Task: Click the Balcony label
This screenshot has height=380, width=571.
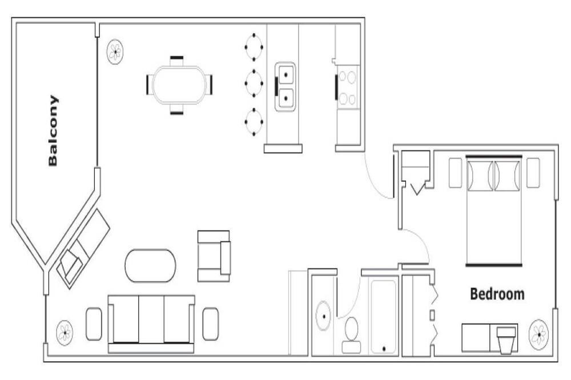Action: pyautogui.click(x=53, y=131)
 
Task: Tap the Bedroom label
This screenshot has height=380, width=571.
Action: pyautogui.click(x=497, y=294)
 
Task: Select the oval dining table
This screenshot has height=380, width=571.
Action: pyautogui.click(x=179, y=85)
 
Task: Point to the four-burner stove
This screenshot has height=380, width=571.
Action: pyautogui.click(x=348, y=88)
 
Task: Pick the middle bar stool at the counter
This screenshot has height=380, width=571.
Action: pyautogui.click(x=254, y=83)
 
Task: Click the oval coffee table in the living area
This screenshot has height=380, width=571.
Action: pyautogui.click(x=150, y=265)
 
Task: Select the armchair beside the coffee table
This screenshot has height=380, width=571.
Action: pyautogui.click(x=214, y=256)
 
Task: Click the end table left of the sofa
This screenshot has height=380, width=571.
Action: pyautogui.click(x=94, y=324)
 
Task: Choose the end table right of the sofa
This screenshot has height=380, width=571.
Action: pyautogui.click(x=211, y=324)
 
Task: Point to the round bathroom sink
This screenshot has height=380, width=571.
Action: pyautogui.click(x=323, y=316)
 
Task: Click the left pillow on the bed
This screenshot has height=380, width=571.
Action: pyautogui.click(x=480, y=175)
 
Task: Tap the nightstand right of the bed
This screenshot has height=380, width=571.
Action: pyautogui.click(x=533, y=173)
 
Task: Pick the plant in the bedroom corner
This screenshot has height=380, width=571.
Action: pyautogui.click(x=539, y=333)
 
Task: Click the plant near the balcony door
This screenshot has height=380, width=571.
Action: pyautogui.click(x=115, y=52)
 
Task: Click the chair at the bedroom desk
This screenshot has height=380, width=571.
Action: pyautogui.click(x=506, y=340)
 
